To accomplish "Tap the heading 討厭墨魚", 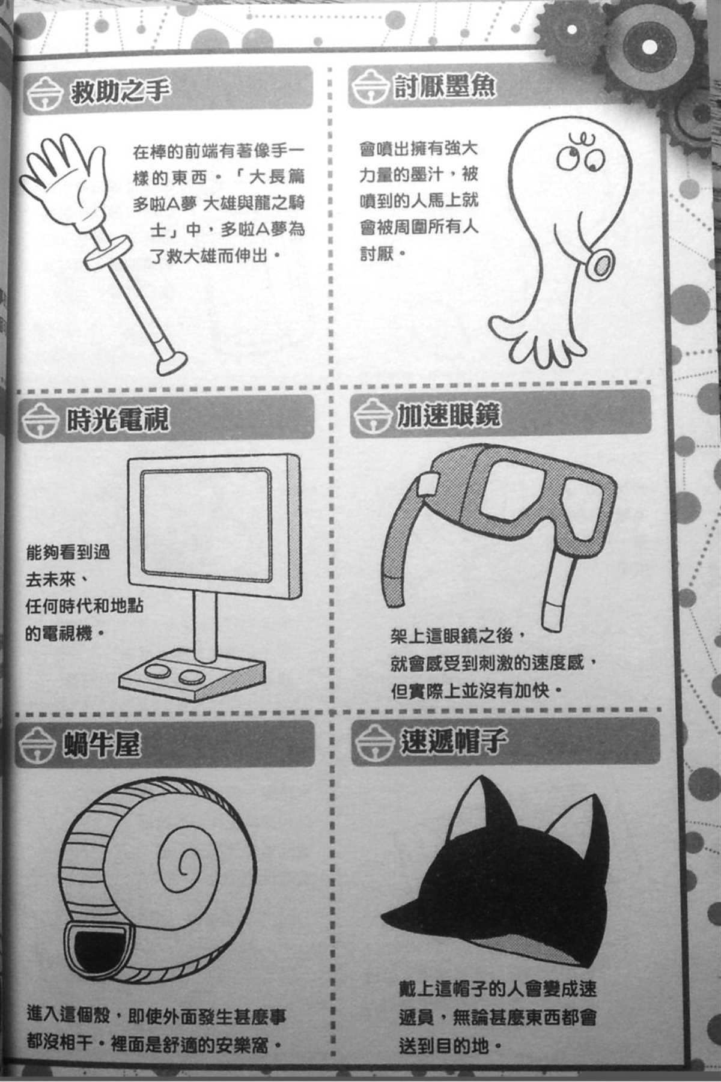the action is pos(445,88).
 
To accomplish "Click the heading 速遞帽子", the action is pos(451,741).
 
